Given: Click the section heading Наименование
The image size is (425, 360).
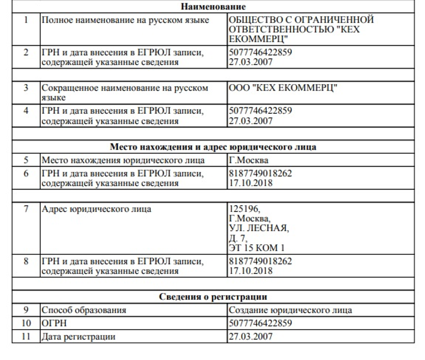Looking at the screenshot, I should [213, 7].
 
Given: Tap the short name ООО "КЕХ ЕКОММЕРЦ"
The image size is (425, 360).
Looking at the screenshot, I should [282, 88].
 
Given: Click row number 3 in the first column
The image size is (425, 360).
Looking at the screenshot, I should [26, 88].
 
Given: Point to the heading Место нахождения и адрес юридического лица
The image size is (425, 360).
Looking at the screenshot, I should [213, 147].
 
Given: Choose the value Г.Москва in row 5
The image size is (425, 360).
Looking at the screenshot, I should [249, 160].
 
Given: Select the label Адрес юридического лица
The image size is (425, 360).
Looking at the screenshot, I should [96, 209].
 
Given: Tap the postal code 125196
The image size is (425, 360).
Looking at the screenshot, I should [244, 209].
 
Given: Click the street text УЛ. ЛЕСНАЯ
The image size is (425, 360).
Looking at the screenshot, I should [258, 229].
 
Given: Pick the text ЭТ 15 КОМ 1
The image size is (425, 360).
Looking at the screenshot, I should [256, 249].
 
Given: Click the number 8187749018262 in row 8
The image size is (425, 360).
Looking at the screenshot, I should [260, 261].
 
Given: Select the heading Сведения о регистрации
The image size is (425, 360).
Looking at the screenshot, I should [213, 297].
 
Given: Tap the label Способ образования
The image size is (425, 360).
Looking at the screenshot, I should [84, 310].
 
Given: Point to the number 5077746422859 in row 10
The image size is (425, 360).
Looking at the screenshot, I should [260, 324].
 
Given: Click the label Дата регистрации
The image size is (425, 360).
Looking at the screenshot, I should [78, 337].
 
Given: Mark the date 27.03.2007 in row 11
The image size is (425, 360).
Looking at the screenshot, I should [251, 337].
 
